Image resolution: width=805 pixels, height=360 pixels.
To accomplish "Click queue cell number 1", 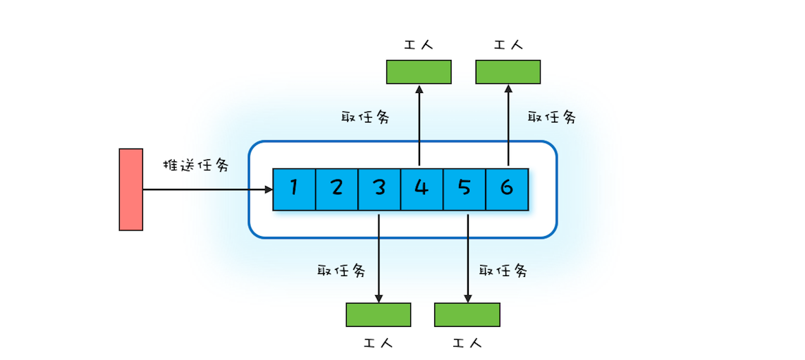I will (x=294, y=189).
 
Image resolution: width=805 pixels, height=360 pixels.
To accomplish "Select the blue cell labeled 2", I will (x=336, y=189).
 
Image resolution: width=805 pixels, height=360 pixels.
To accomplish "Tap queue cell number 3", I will (x=379, y=189).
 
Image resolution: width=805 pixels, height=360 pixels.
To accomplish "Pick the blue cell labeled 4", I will (x=422, y=189).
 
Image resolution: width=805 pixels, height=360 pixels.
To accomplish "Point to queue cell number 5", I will (x=464, y=189).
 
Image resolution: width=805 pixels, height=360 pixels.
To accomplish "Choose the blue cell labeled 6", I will (x=507, y=189).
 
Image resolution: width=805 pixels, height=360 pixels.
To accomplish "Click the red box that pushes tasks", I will (x=131, y=190).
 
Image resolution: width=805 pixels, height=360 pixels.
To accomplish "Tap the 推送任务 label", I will (x=196, y=166).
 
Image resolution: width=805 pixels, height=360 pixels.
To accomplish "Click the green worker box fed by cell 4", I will (x=419, y=72).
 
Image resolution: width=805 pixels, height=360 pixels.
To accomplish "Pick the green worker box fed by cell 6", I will (x=508, y=72).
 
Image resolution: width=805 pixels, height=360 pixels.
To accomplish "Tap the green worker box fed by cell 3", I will (x=379, y=314).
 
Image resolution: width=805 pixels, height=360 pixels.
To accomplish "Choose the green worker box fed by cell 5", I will (x=467, y=314).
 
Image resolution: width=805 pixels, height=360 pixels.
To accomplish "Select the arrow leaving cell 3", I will (x=379, y=257).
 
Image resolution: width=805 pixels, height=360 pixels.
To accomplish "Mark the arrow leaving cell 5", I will (x=467, y=257).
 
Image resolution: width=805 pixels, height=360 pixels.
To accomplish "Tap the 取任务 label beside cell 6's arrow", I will (x=552, y=118).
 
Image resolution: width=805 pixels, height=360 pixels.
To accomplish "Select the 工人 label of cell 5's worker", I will (x=467, y=344).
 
